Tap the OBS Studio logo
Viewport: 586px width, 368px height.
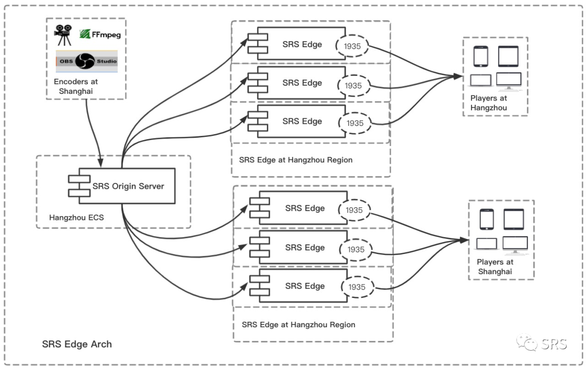point(86,61)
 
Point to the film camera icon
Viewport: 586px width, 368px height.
point(63,35)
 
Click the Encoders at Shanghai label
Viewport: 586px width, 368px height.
point(76,86)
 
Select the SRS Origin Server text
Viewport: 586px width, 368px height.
point(128,186)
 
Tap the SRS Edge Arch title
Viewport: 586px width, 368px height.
point(77,344)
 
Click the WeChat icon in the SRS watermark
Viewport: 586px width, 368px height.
point(525,343)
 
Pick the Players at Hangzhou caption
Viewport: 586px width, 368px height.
point(489,103)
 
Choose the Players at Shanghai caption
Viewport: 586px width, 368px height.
point(495,267)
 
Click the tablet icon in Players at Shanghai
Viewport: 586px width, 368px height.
point(513,219)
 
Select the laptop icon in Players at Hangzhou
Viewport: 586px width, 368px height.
point(481,80)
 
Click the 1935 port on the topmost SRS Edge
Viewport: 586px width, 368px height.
point(352,46)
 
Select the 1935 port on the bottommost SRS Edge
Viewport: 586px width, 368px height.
point(357,287)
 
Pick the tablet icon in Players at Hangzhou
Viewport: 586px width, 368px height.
point(508,56)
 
